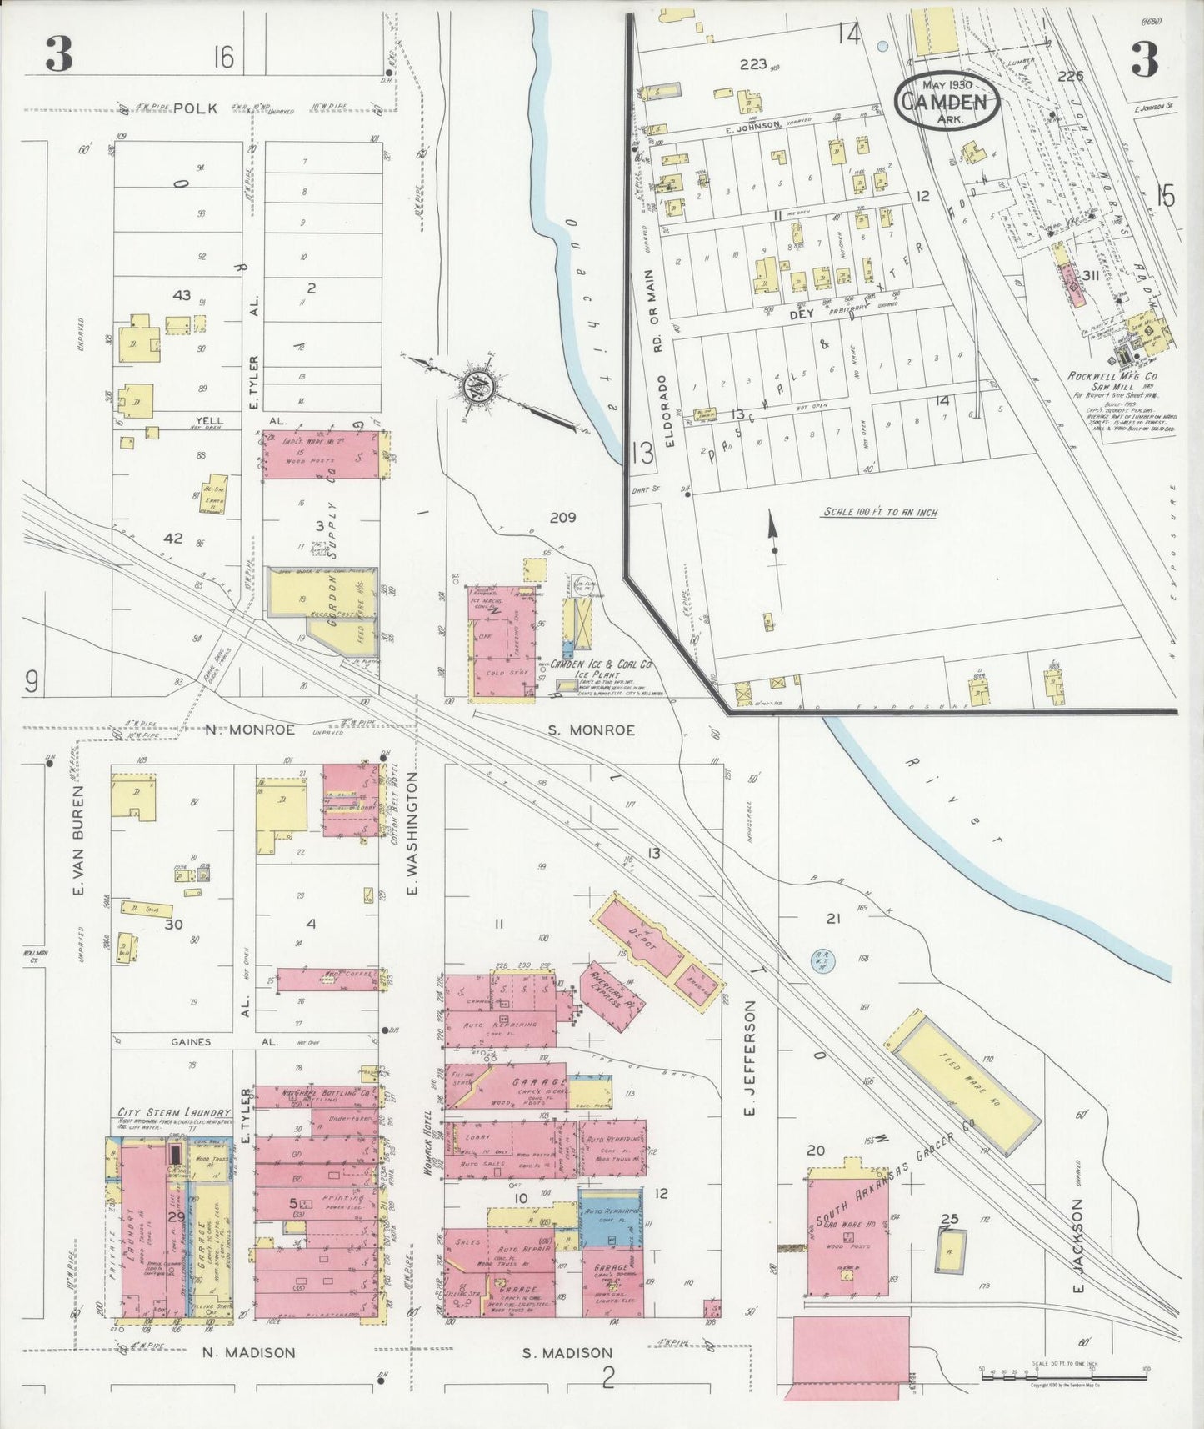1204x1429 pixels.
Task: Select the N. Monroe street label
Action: click(250, 730)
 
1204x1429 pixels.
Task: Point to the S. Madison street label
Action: click(567, 1352)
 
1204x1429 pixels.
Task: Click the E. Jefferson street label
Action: click(749, 1058)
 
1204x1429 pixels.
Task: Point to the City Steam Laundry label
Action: click(174, 1112)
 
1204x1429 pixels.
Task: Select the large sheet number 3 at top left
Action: click(59, 55)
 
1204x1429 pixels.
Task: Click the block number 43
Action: click(181, 295)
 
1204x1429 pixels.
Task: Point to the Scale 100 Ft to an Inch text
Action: click(879, 512)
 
